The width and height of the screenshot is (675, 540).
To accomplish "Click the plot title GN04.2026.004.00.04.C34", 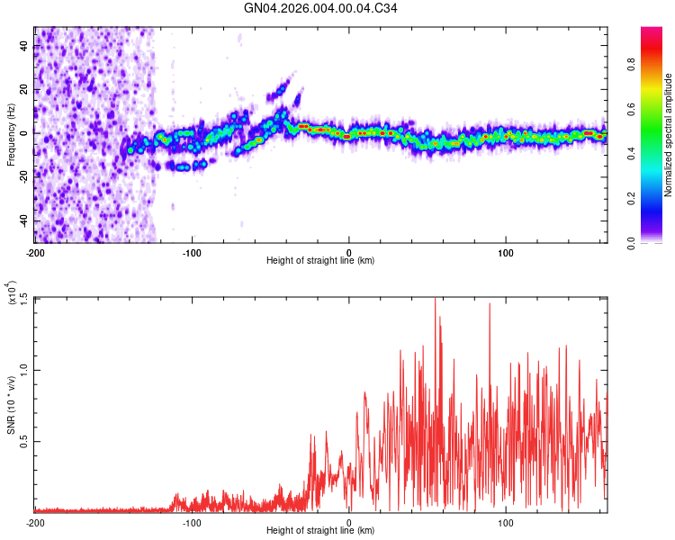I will pos(321,8).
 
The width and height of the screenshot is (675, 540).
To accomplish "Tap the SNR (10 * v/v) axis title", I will pos(11,404).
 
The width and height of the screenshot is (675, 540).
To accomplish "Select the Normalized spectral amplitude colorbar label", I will pos(669,134).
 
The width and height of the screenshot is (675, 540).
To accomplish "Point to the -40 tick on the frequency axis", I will pos(23,221).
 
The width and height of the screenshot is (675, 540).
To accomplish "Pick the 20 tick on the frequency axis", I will pos(25,89).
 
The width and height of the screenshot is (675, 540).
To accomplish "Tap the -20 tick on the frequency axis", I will pos(23,177).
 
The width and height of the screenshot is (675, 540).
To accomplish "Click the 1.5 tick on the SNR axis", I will pos(23,298).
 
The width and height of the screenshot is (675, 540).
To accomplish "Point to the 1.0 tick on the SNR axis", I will pos(23,370).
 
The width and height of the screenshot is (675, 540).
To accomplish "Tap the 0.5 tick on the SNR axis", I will pos(23,441).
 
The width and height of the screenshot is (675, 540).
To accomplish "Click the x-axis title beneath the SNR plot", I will pos(320,531).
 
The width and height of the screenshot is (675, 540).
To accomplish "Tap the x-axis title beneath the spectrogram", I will pos(320,261).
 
